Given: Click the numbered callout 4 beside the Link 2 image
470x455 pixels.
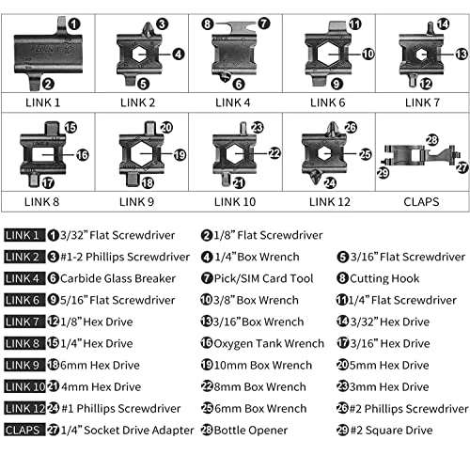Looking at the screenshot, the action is [178, 55].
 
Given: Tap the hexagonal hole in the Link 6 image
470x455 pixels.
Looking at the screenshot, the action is [327, 55].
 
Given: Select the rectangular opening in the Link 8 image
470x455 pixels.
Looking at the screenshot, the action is [43, 155].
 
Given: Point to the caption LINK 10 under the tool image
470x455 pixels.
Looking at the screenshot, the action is [235, 202].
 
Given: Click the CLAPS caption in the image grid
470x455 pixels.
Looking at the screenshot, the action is [421, 202].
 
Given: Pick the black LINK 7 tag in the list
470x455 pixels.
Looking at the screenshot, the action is [24, 322].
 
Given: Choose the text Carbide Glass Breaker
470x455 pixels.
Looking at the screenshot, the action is [117, 278].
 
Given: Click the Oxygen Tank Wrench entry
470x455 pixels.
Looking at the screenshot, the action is [269, 343].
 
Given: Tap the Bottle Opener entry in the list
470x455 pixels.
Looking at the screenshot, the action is [251, 431].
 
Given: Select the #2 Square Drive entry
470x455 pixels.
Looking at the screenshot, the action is [391, 431].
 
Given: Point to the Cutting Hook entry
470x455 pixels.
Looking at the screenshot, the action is [384, 278].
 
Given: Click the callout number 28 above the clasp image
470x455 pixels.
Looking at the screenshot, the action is [432, 140].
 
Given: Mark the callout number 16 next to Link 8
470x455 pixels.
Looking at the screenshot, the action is [83, 155].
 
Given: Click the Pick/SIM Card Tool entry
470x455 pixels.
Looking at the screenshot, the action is [263, 278].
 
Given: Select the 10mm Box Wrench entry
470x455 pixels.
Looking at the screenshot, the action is [263, 365].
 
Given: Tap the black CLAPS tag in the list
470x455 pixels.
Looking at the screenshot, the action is [24, 431].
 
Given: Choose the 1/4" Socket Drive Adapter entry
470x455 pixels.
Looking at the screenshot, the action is [127, 431].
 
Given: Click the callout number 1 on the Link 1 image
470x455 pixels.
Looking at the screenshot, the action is [74, 24].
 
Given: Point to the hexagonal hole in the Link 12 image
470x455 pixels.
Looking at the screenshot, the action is [323, 153].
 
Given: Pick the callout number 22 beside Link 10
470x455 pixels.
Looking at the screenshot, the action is [274, 153].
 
